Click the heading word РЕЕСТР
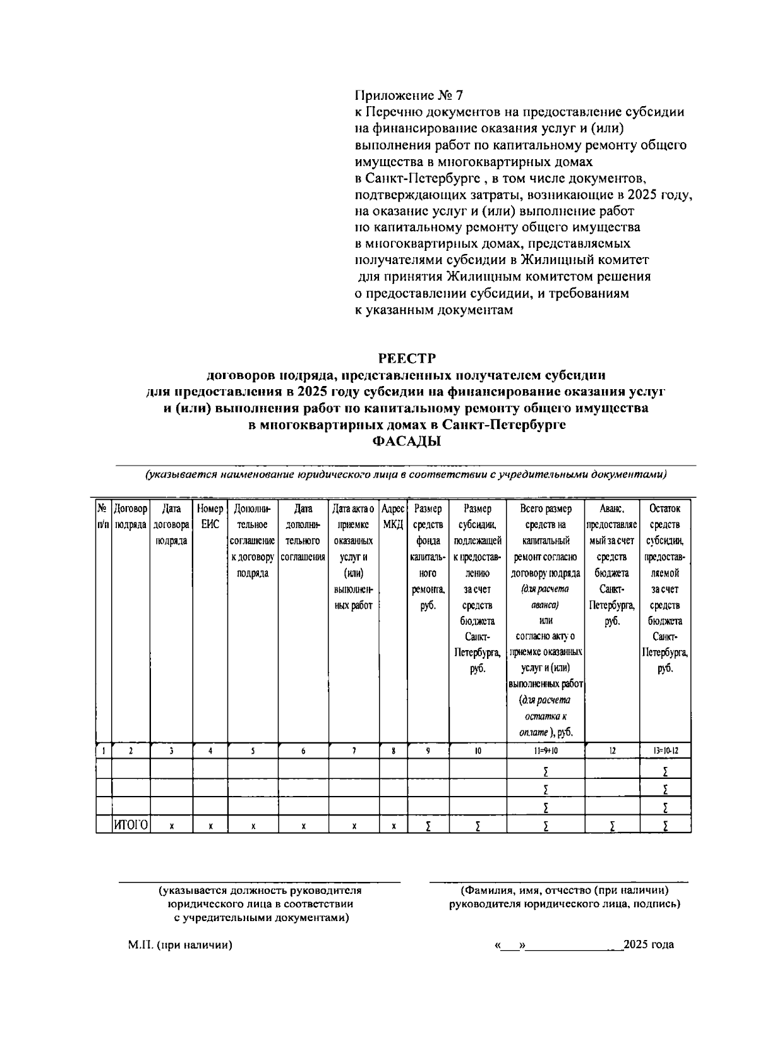(x=407, y=359)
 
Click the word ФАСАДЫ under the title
(x=407, y=442)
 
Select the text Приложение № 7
(x=409, y=95)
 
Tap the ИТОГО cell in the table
(x=131, y=824)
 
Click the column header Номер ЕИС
(x=210, y=516)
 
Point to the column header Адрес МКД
(x=393, y=516)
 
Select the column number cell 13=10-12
(x=665, y=751)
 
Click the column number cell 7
(x=354, y=751)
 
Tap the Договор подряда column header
(x=131, y=516)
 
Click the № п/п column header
(x=103, y=516)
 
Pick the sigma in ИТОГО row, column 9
(x=428, y=826)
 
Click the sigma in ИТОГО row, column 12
(x=612, y=826)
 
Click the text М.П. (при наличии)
(x=180, y=945)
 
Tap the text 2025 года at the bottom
(x=648, y=945)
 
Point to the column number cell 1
(x=103, y=751)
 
